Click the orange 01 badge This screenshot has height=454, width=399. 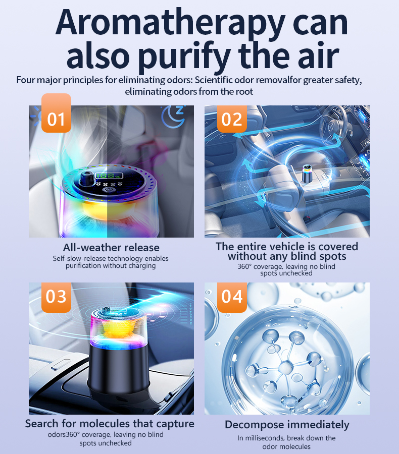[56, 113]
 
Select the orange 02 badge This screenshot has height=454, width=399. [232, 119]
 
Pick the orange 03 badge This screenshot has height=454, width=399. [56, 297]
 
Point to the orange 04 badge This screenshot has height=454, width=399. [232, 297]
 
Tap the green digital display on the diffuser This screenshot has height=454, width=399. [109, 176]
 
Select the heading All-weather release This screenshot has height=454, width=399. [111, 248]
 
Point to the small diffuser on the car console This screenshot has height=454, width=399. [307, 173]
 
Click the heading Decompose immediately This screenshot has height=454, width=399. [287, 425]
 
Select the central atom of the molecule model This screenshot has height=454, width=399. [286, 368]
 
